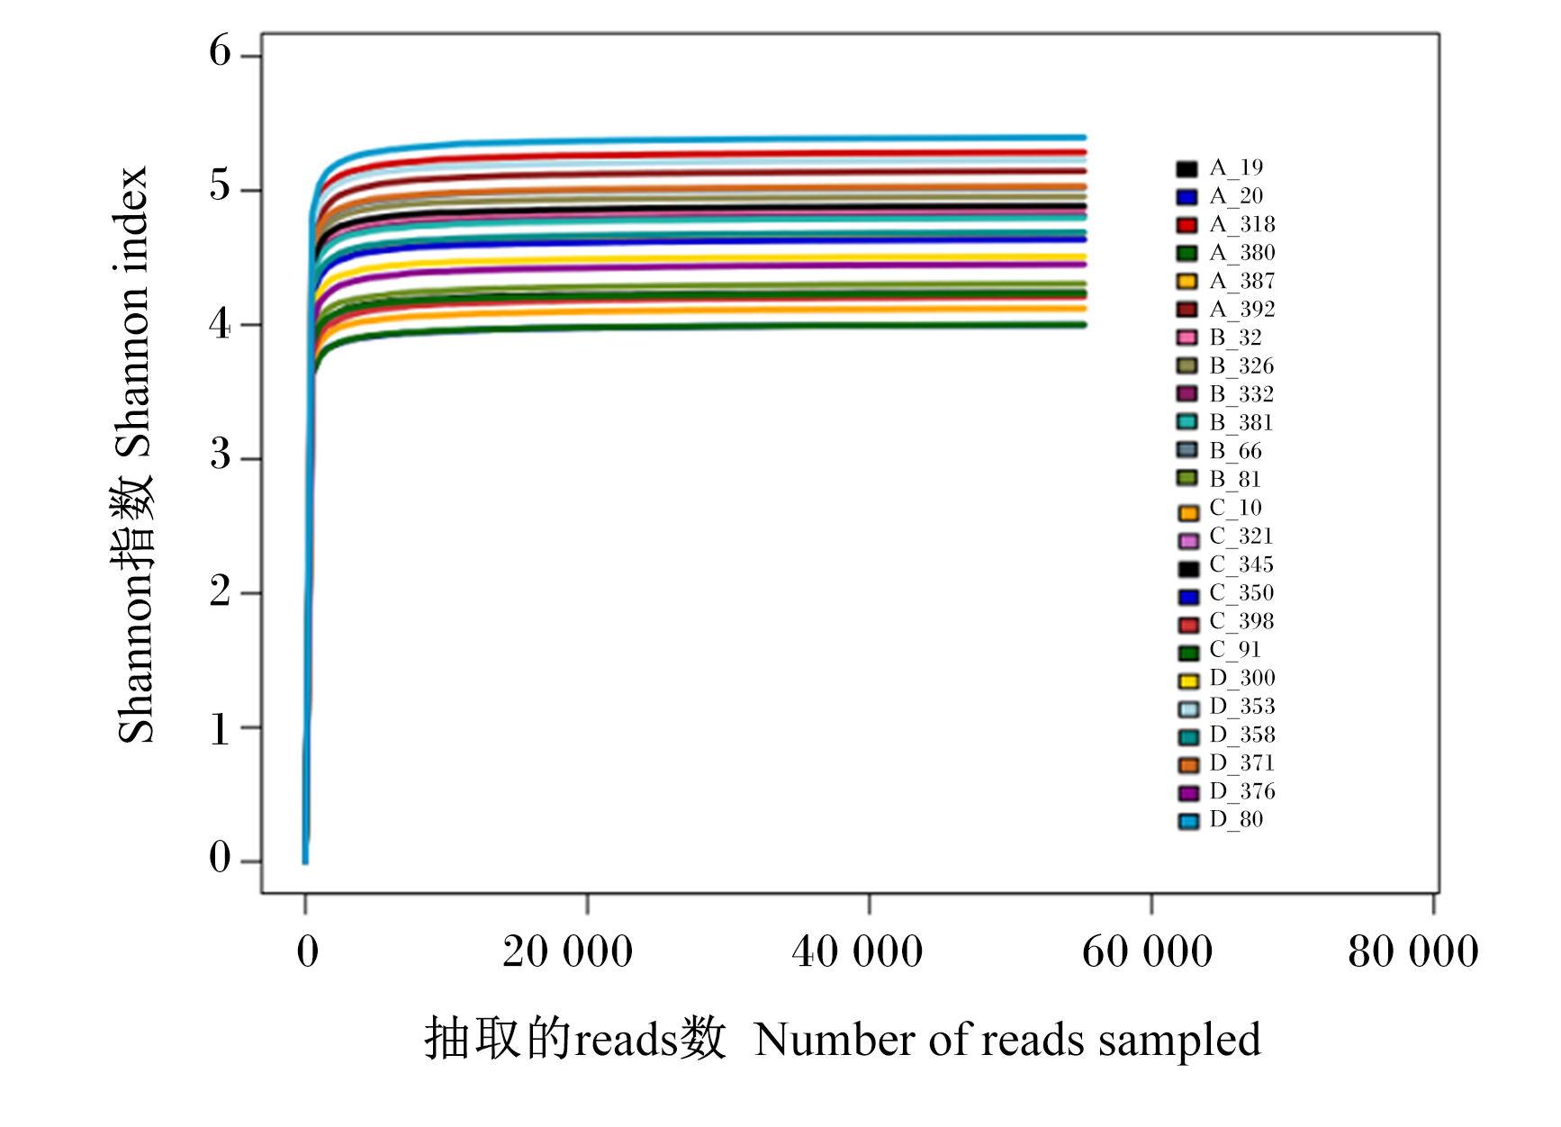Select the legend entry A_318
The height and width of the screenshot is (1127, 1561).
(1226, 225)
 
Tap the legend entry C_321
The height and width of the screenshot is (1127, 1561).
(1225, 537)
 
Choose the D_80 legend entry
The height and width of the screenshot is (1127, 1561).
(1220, 820)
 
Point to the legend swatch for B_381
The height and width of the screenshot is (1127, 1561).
(1187, 423)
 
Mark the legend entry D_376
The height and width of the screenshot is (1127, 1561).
(1226, 792)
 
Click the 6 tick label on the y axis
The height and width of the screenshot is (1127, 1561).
(221, 51)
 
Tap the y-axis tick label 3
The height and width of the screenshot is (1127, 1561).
(221, 455)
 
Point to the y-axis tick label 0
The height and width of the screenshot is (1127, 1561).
(221, 858)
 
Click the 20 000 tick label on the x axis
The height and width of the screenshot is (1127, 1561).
(568, 951)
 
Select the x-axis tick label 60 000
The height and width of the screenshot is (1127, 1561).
(1148, 951)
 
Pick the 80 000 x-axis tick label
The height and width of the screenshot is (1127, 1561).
(1413, 951)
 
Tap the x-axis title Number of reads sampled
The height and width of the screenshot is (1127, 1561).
(1007, 1040)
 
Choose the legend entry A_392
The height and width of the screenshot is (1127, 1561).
(1226, 310)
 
